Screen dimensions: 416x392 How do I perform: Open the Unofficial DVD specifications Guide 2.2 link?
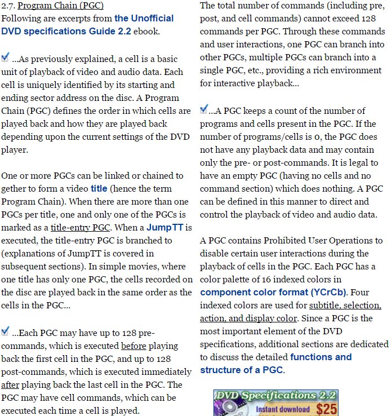(x=87, y=24)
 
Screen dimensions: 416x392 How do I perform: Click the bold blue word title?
(x=99, y=188)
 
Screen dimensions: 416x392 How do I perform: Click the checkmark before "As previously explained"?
(x=5, y=57)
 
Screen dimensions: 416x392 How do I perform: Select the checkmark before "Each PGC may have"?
(x=5, y=330)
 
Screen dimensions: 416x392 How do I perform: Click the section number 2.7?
(x=7, y=6)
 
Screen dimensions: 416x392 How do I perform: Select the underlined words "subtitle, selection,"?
(x=345, y=305)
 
